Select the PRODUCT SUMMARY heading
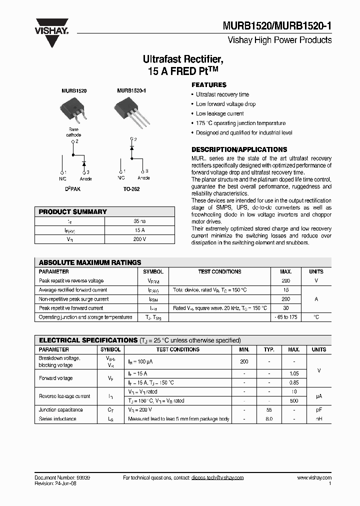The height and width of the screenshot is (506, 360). [73, 211]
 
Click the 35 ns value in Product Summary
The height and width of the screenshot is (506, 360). [140, 220]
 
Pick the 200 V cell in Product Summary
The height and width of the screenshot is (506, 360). [140, 239]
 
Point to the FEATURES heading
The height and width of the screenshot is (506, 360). [209, 85]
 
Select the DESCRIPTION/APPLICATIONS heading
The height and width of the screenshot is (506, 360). [239, 149]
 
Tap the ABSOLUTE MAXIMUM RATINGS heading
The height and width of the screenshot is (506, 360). [90, 262]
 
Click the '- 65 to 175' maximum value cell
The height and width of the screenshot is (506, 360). [285, 317]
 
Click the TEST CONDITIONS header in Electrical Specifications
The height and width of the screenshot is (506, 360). [177, 349]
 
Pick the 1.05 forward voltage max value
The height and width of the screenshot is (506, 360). [294, 373]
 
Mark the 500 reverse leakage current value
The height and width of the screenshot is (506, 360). [294, 400]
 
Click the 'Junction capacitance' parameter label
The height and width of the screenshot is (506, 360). [61, 409]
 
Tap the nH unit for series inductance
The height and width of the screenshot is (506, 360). [318, 418]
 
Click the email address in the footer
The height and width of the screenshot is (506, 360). [217, 478]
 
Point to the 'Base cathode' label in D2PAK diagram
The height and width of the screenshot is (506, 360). [73, 132]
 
